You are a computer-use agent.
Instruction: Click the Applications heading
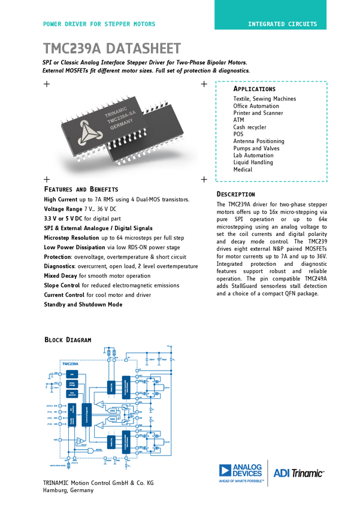tap(255, 89)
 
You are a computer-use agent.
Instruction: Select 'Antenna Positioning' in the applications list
tap(259, 141)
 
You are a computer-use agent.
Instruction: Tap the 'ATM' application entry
tap(238, 120)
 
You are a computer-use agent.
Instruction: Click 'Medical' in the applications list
tap(243, 169)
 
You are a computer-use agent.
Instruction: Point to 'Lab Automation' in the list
tap(253, 155)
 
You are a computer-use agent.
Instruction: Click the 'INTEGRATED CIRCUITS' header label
tap(283, 24)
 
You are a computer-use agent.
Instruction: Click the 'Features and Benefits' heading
tap(81, 189)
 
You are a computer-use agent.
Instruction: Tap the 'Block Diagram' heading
tap(68, 340)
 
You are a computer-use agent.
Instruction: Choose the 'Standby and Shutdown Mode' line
tap(83, 304)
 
